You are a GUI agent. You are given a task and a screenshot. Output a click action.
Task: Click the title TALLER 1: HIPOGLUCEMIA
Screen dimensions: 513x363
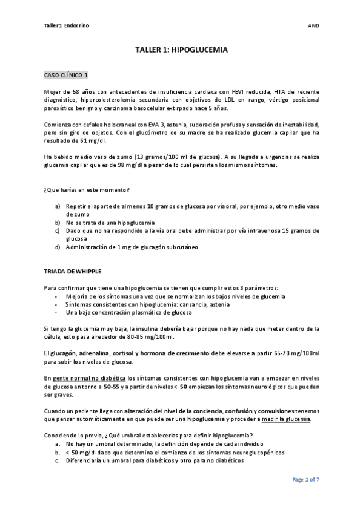pos(181,51)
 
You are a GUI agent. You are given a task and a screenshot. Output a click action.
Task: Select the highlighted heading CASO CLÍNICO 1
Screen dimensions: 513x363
pos(67,75)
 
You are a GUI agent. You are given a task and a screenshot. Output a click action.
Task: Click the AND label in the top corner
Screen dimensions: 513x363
pos(313,25)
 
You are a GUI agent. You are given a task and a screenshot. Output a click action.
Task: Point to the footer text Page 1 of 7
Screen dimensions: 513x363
pos(305,479)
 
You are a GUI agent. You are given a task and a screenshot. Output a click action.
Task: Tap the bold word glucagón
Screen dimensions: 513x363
pos(64,352)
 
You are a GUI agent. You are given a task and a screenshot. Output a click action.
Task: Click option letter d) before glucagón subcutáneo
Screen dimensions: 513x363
pos(57,246)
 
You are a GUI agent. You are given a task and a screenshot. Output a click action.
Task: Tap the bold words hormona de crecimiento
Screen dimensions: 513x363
pos(182,352)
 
